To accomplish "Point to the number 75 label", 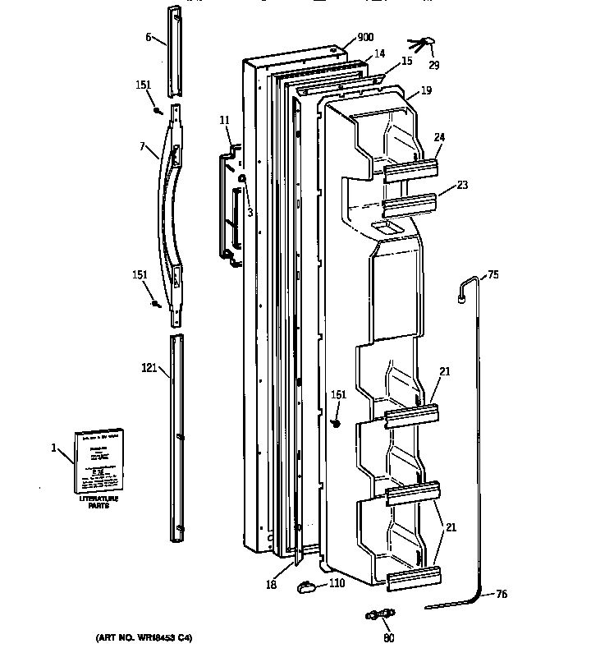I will coord(492,275).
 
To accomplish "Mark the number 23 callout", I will coord(462,185).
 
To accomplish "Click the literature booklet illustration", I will coord(99,458).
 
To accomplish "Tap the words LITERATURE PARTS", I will coord(98,502).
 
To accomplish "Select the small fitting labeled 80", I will coord(379,613).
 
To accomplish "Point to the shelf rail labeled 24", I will coord(410,168).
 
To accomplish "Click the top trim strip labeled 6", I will coord(176,53).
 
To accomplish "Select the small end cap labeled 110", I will coord(308,585).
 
